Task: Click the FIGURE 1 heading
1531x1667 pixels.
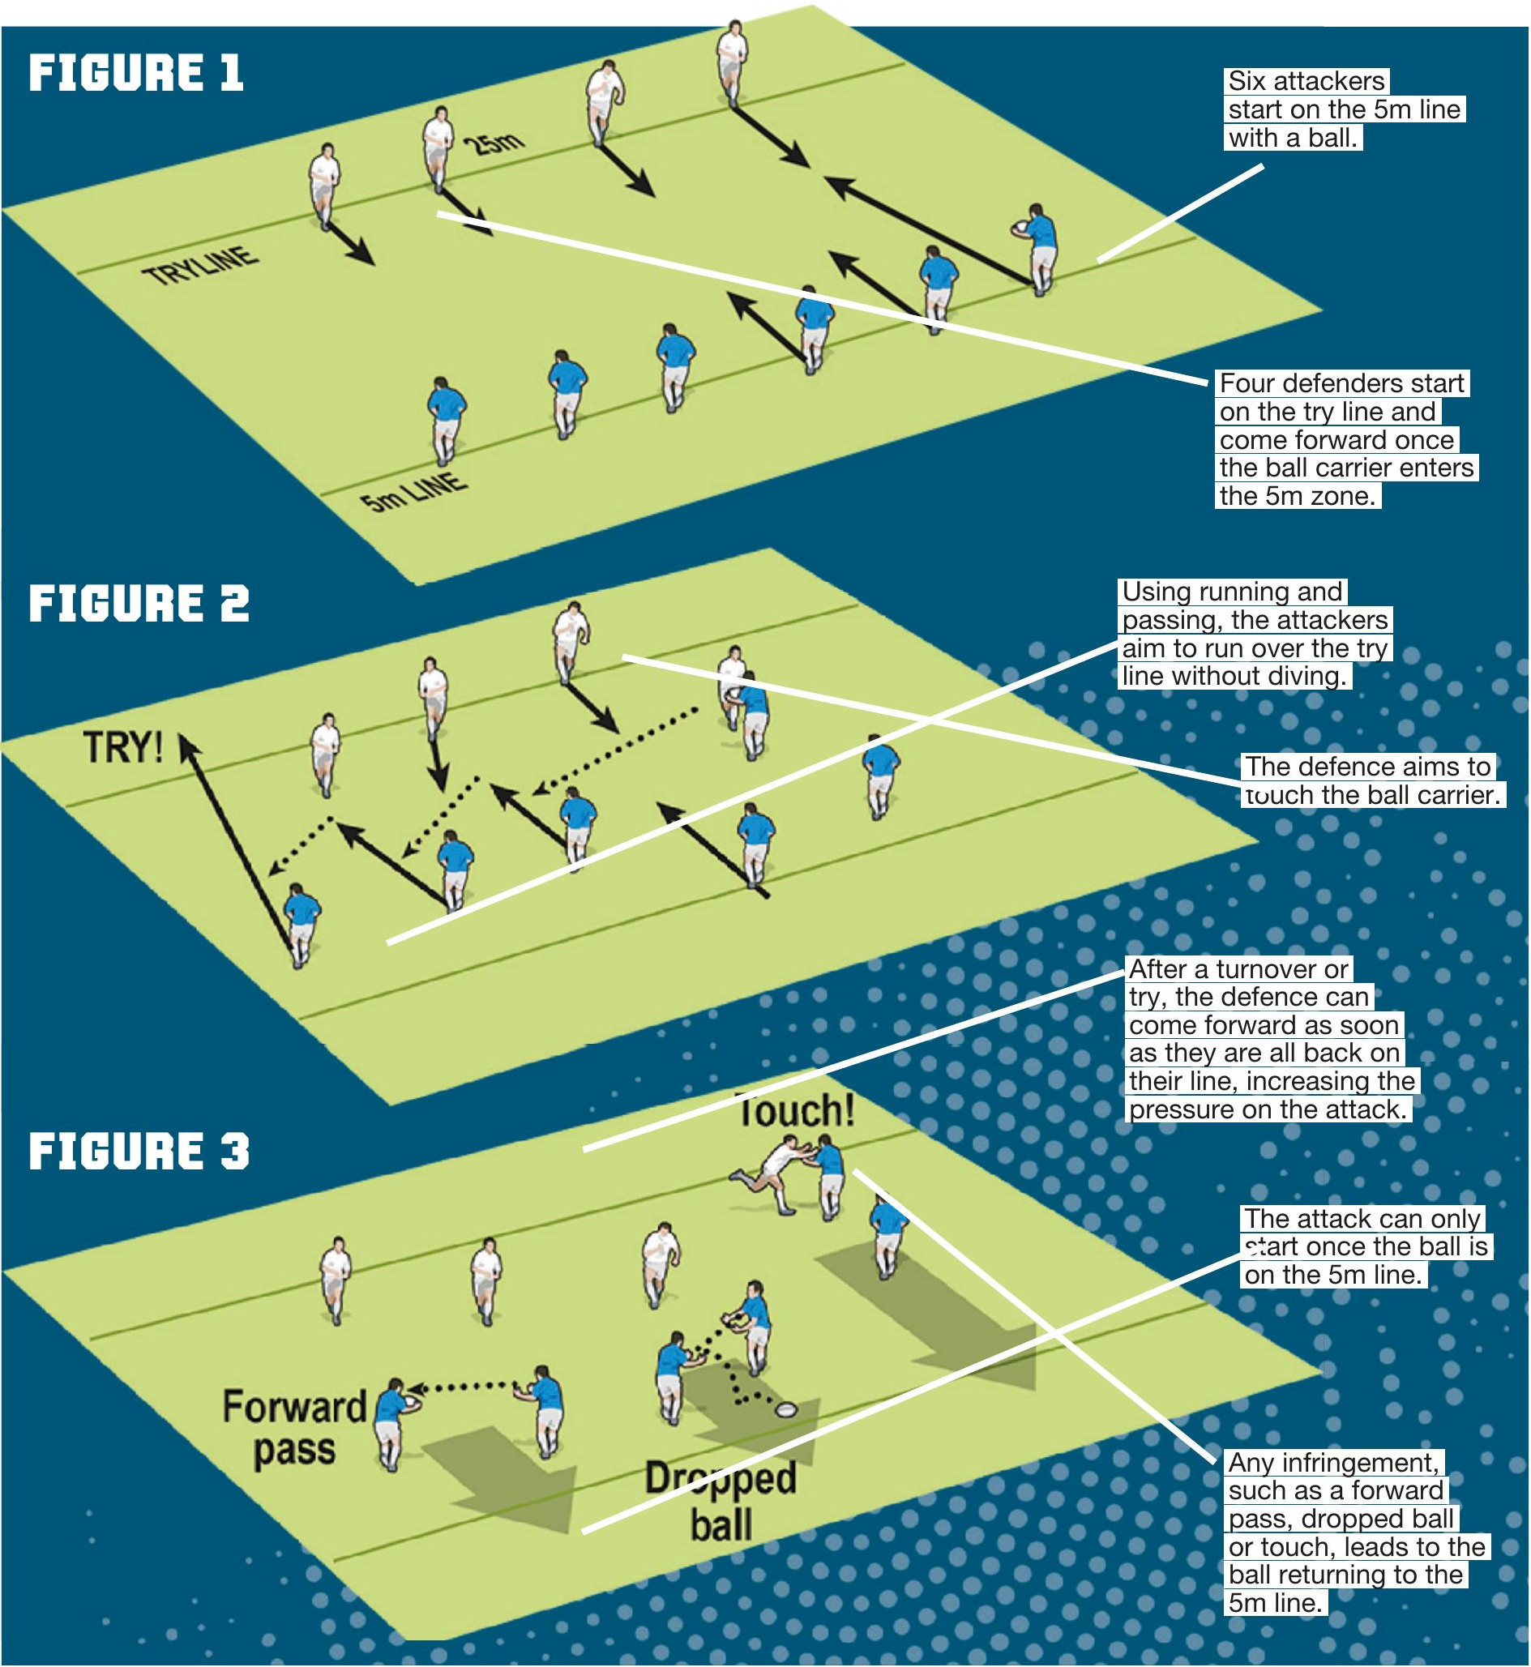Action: pos(136,73)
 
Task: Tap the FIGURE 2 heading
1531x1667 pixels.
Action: pos(139,603)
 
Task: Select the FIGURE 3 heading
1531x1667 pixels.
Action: pos(139,1152)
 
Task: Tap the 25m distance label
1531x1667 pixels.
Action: pos(493,144)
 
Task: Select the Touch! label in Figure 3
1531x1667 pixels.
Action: pos(795,1110)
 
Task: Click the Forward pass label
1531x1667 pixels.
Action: pos(294,1428)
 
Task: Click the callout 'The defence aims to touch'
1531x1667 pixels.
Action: pos(1371,780)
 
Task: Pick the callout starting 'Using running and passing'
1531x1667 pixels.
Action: pos(1255,634)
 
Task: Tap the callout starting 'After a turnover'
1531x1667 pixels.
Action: pos(1272,1040)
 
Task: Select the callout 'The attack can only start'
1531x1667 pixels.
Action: pos(1366,1246)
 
